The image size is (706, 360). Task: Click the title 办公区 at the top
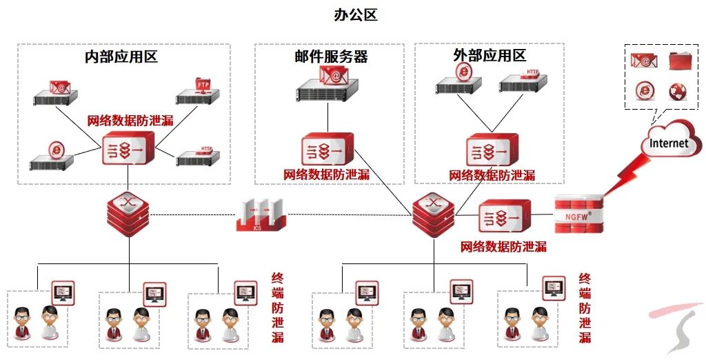pyautogui.click(x=354, y=14)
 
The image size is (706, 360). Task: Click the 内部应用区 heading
pyautogui.click(x=121, y=57)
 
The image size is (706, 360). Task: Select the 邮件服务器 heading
pyautogui.click(x=331, y=57)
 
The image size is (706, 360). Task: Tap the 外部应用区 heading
pyautogui.click(x=490, y=55)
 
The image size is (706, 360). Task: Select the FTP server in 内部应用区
pyautogui.click(x=199, y=93)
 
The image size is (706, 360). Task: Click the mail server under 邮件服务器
pyautogui.click(x=328, y=85)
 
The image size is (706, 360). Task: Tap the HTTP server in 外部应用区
pyautogui.click(x=524, y=81)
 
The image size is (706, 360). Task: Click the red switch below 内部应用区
pyautogui.click(x=128, y=213)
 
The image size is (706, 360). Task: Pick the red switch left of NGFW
pyautogui.click(x=434, y=214)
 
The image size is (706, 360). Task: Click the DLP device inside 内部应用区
pyautogui.click(x=128, y=148)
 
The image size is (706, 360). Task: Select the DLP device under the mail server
pyautogui.click(x=327, y=149)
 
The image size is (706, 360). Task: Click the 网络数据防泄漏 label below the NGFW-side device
pyautogui.click(x=503, y=246)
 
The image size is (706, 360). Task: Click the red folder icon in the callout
pyautogui.click(x=683, y=61)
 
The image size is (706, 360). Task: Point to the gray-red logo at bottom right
pyautogui.click(x=676, y=328)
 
